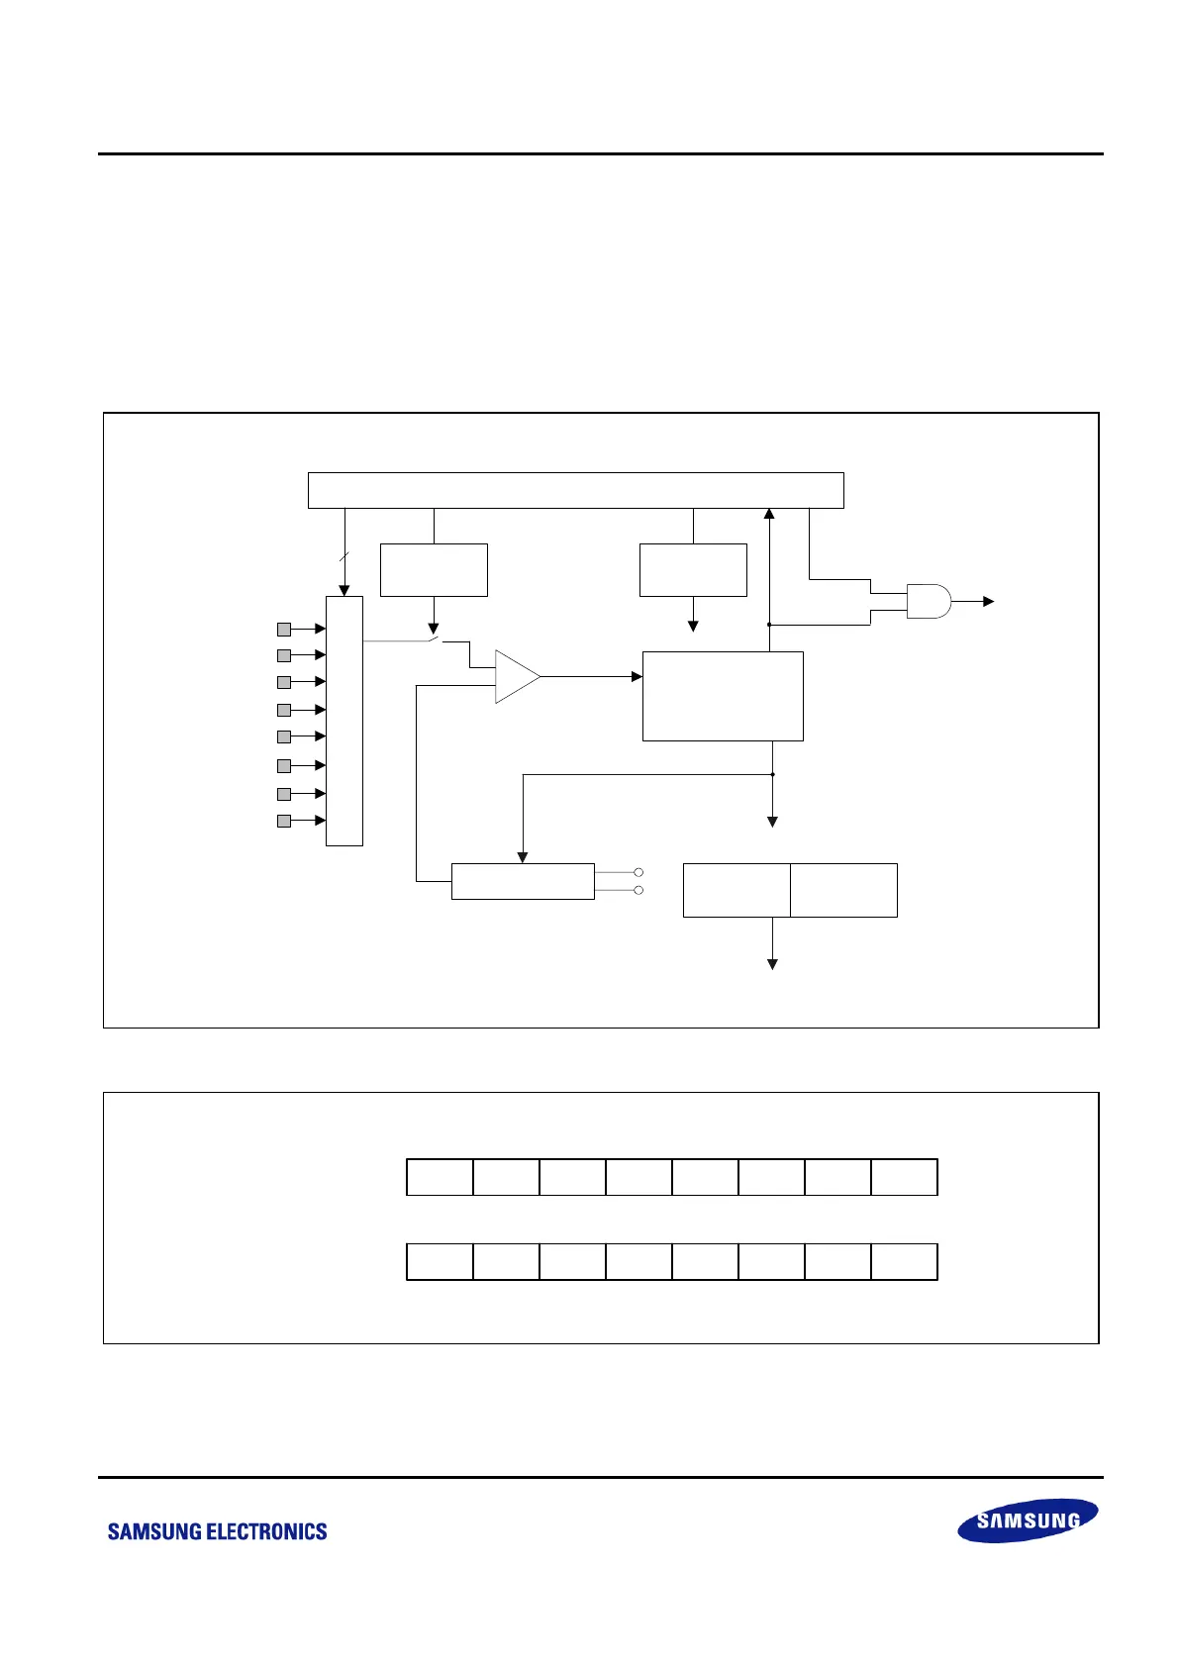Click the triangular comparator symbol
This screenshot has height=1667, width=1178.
coord(514,676)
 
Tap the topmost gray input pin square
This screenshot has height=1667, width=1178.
coord(284,629)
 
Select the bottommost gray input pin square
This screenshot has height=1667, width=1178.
coord(284,821)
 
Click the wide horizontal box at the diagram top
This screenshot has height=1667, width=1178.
coord(575,491)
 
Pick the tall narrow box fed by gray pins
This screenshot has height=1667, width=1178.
coord(344,721)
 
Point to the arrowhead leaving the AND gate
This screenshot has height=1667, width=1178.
coord(988,601)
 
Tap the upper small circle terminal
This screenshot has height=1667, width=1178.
coord(638,872)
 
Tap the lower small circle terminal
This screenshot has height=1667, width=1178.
coord(638,890)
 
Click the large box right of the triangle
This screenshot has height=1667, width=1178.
coord(723,696)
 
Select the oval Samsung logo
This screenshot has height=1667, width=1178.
coord(1028,1520)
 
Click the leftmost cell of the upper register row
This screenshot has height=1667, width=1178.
coord(440,1177)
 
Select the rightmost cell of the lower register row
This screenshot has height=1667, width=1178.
coord(904,1262)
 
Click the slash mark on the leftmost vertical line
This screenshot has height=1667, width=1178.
coord(344,557)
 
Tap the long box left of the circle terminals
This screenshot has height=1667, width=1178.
coord(523,881)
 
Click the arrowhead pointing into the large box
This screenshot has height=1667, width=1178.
coord(637,676)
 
